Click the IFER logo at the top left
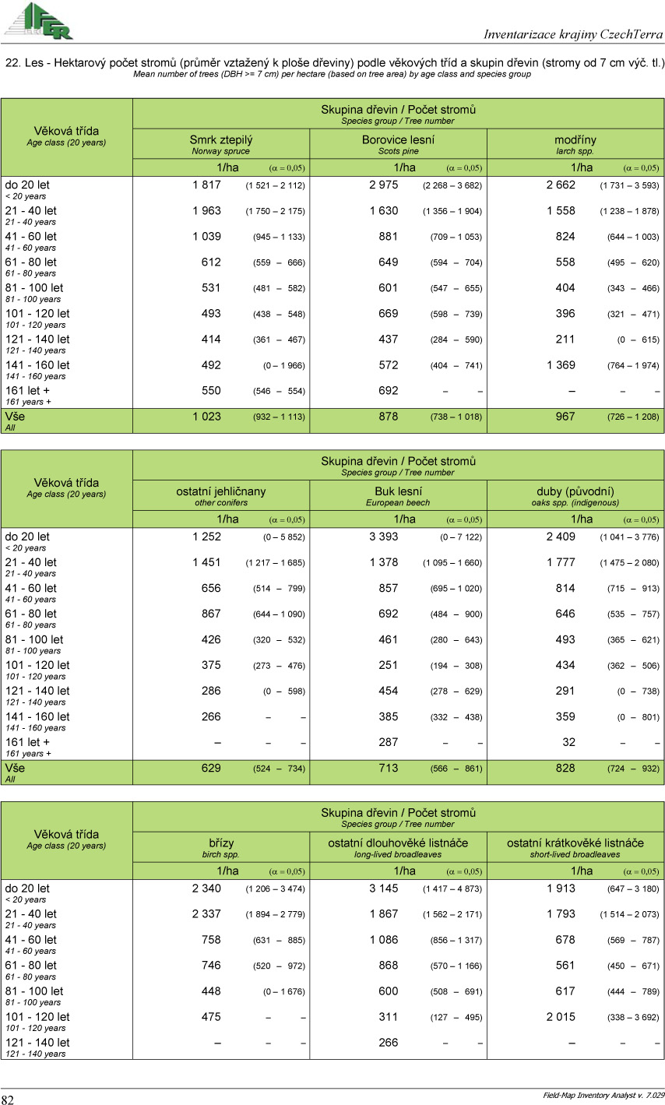(39, 20)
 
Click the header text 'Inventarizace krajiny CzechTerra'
(573, 34)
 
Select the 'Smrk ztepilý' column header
(221, 140)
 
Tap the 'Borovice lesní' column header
(398, 140)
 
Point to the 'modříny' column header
(575, 140)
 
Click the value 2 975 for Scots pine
(384, 185)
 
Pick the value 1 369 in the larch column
(561, 365)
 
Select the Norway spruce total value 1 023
(206, 417)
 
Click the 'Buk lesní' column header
(398, 492)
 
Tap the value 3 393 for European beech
(384, 537)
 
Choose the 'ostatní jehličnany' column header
(221, 492)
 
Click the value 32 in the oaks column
(569, 742)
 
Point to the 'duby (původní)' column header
(575, 492)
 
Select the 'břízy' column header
(221, 843)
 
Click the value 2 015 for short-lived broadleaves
(561, 1017)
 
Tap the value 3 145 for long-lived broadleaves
(384, 889)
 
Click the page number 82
(8, 1100)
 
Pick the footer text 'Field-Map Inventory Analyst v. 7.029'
(603, 1096)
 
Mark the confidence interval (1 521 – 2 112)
(276, 186)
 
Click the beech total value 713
(388, 769)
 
